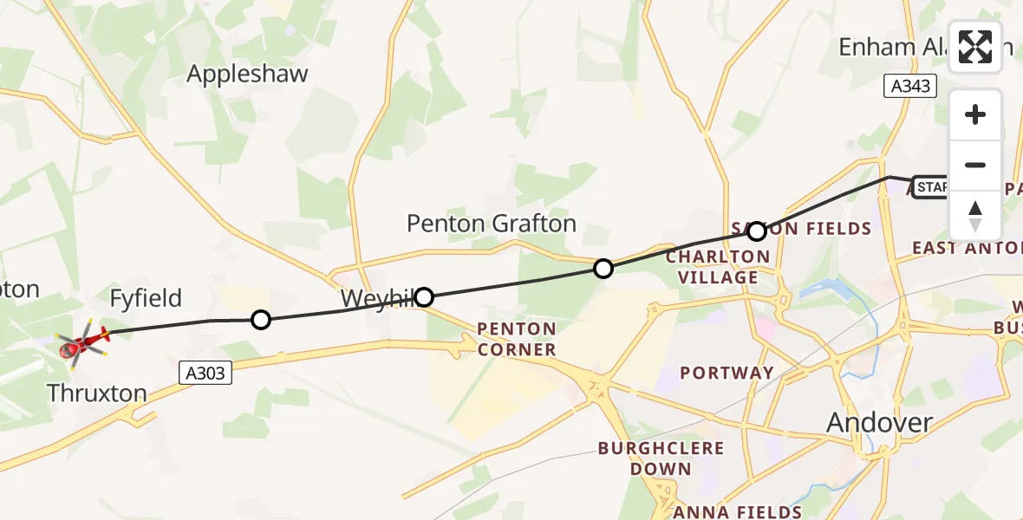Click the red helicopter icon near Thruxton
click(x=82, y=343)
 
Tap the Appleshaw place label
click(x=247, y=74)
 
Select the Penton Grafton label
click(x=492, y=224)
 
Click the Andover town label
click(x=879, y=423)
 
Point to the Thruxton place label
click(x=97, y=393)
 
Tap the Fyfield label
click(x=146, y=299)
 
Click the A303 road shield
click(x=206, y=373)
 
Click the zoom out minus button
click(x=975, y=166)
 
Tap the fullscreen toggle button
click(x=975, y=47)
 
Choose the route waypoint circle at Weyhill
click(x=424, y=297)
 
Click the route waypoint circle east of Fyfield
click(x=260, y=321)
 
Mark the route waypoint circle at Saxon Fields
click(x=757, y=231)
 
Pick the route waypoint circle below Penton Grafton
click(x=603, y=269)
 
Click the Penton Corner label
click(x=516, y=339)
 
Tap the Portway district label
click(x=727, y=373)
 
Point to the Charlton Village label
click(x=717, y=267)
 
